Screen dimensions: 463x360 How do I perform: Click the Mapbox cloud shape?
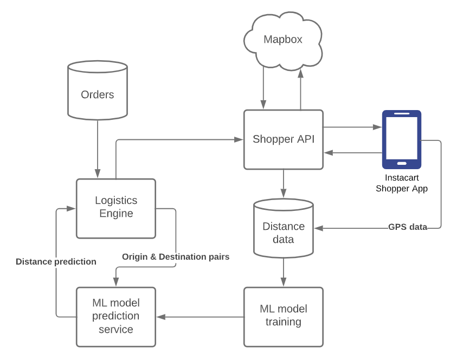[x=283, y=41]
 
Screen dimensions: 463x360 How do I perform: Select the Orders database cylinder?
[x=98, y=90]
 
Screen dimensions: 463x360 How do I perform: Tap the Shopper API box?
[x=284, y=139]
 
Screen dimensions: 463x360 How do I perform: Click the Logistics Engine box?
[x=116, y=208]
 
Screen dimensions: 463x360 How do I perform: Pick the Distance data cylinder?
[x=284, y=228]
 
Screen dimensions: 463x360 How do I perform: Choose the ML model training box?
[x=284, y=317]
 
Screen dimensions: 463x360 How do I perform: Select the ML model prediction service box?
[x=116, y=317]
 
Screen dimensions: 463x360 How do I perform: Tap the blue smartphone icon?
[x=402, y=139]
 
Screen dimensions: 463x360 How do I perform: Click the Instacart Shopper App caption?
[x=402, y=183]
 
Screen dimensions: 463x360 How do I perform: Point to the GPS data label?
[x=408, y=227]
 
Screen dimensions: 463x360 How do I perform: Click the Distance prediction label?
[x=56, y=262]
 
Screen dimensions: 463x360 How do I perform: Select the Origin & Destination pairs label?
[x=176, y=256]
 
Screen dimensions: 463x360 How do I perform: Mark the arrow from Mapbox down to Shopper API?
[x=263, y=88]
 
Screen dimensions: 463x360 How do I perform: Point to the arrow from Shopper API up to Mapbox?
[x=300, y=90]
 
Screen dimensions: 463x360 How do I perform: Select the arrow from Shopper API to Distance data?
[x=284, y=183]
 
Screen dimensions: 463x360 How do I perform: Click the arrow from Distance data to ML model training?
[x=284, y=272]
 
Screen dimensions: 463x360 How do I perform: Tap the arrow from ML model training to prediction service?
[x=200, y=317]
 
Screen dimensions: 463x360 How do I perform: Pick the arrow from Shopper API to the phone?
[x=352, y=127]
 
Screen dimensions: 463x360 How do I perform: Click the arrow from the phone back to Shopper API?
[x=353, y=153]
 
